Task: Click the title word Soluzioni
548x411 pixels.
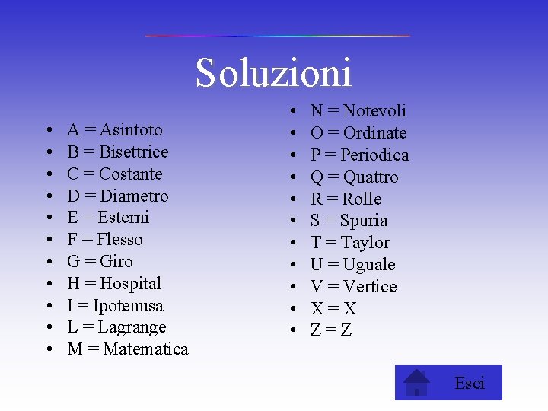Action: [273, 73]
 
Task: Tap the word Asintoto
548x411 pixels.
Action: [131, 130]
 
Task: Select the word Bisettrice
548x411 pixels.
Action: [134, 152]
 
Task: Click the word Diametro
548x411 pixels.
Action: [135, 196]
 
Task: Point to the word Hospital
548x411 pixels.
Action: [131, 284]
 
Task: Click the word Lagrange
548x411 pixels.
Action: [133, 327]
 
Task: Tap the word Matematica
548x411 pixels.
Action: [145, 349]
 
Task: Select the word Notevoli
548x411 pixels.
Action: [370, 111]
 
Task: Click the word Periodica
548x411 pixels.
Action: [374, 155]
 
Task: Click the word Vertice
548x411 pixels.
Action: [370, 287]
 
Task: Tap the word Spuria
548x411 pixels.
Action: [364, 221]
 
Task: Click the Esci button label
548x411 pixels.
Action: [469, 383]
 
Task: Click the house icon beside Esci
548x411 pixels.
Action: [416, 382]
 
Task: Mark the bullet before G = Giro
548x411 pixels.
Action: [48, 262]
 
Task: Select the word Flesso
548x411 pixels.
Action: [120, 240]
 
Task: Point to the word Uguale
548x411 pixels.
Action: [369, 265]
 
